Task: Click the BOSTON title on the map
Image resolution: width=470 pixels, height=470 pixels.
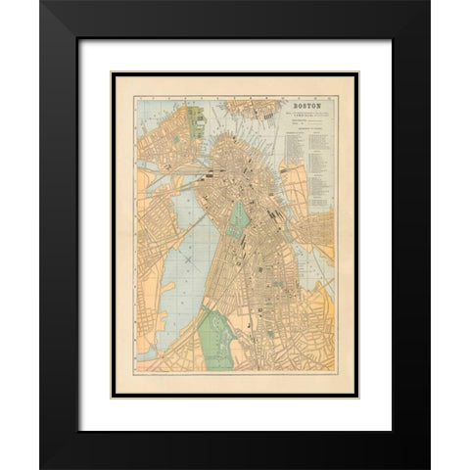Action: point(305,102)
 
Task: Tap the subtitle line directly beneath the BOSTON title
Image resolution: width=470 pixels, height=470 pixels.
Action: point(305,111)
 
